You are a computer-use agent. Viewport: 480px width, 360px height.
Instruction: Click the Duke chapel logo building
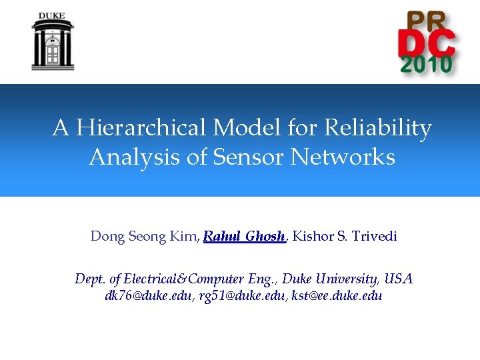(52, 45)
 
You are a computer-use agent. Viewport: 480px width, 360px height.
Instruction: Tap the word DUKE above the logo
(52, 15)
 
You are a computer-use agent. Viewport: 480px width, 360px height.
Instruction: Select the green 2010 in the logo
(427, 65)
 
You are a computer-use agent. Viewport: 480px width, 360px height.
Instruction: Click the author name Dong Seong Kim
(145, 237)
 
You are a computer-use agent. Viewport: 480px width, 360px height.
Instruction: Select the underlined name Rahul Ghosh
(245, 237)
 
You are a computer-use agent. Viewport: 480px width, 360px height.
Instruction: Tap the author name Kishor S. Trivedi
(345, 237)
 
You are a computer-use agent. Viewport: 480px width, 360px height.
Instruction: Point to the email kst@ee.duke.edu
(335, 296)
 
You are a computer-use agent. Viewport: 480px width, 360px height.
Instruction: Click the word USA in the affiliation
(399, 279)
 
